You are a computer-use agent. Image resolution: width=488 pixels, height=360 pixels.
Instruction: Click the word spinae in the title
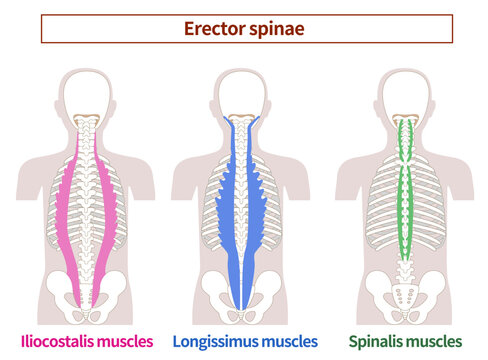tap(277, 30)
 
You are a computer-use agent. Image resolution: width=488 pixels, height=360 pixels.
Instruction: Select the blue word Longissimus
tap(218, 342)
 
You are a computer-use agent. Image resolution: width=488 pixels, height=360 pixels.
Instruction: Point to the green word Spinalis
tap(378, 342)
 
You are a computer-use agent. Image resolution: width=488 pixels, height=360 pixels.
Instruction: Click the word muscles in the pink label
tap(124, 342)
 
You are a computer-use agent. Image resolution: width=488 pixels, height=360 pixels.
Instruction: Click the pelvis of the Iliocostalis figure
tap(60, 290)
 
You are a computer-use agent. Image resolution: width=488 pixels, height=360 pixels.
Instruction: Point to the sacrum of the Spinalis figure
tap(405, 292)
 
